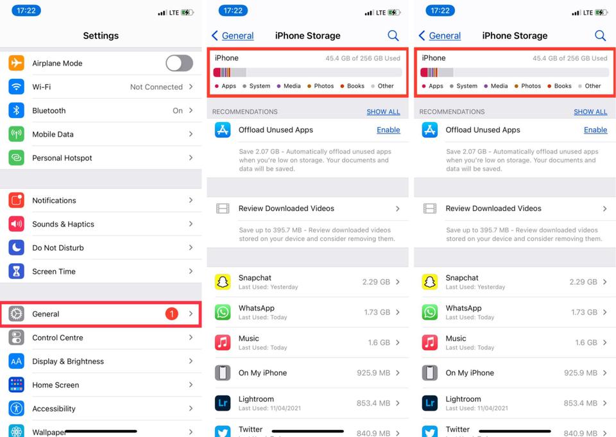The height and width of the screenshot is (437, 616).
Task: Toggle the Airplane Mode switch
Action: [179, 63]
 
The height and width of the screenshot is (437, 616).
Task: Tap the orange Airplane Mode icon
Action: [17, 63]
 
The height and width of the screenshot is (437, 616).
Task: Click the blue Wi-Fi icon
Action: [17, 87]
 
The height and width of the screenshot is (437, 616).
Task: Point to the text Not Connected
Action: [156, 87]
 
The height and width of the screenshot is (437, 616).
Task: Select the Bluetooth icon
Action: [17, 110]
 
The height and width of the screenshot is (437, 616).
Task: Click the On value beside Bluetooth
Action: [178, 110]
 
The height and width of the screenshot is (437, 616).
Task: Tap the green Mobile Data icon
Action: [17, 134]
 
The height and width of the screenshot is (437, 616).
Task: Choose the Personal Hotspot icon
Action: [17, 158]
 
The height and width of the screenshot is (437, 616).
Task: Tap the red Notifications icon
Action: [17, 200]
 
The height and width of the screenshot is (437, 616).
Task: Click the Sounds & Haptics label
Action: [63, 224]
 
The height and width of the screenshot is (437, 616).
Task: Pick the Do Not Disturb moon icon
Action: [17, 248]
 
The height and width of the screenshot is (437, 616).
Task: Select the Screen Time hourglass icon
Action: [17, 271]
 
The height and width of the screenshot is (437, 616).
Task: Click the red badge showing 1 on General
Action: [171, 314]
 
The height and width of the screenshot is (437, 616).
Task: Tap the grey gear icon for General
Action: [17, 314]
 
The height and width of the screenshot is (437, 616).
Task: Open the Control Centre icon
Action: [17, 338]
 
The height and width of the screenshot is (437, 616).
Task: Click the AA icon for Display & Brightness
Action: [17, 361]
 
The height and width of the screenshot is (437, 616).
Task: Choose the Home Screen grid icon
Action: [17, 385]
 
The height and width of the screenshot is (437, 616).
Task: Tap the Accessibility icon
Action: [17, 409]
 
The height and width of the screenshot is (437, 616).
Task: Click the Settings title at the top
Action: [101, 36]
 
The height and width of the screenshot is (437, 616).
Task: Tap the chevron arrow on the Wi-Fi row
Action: [191, 87]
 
